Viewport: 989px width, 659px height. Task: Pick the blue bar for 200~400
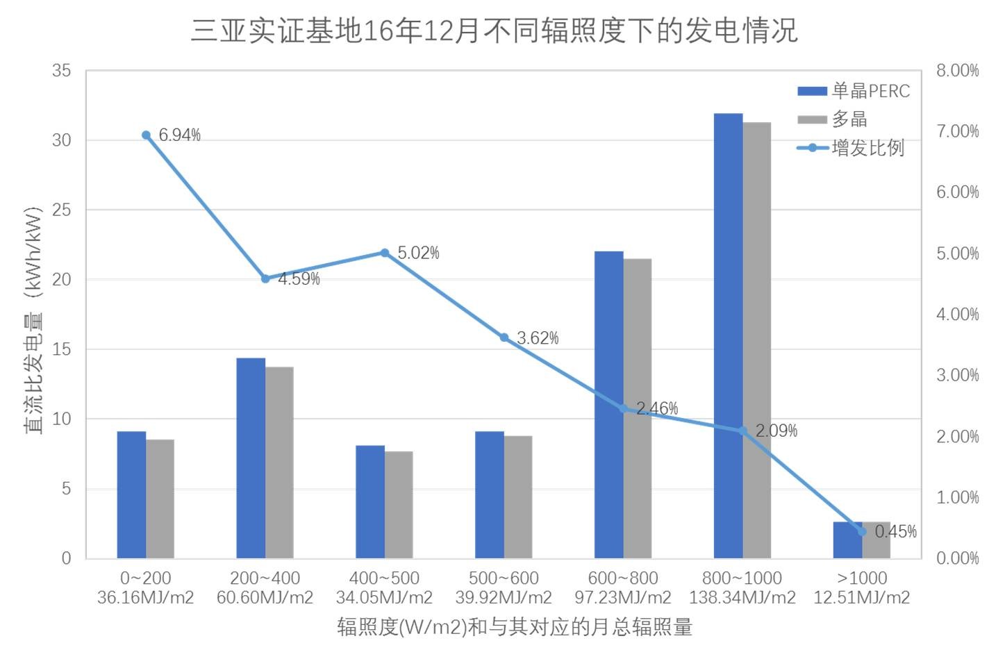click(251, 458)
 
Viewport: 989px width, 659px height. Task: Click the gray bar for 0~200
click(160, 499)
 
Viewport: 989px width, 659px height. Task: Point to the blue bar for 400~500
click(370, 501)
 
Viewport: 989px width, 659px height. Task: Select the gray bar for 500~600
click(518, 497)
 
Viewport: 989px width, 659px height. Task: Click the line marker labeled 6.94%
click(146, 135)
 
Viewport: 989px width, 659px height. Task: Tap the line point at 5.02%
click(385, 253)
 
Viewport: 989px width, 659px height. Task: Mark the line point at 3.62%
click(504, 337)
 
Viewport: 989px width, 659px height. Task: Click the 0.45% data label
click(895, 532)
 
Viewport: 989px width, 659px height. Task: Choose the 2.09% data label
click(776, 431)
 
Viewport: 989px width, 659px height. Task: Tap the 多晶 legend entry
click(833, 119)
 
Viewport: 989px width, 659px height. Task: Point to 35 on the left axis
click(62, 71)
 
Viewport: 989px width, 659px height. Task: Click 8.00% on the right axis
click(957, 71)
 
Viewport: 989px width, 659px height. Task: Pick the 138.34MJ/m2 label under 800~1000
click(742, 598)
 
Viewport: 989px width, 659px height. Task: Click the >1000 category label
click(861, 578)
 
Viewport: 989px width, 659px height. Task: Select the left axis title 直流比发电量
click(34, 319)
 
